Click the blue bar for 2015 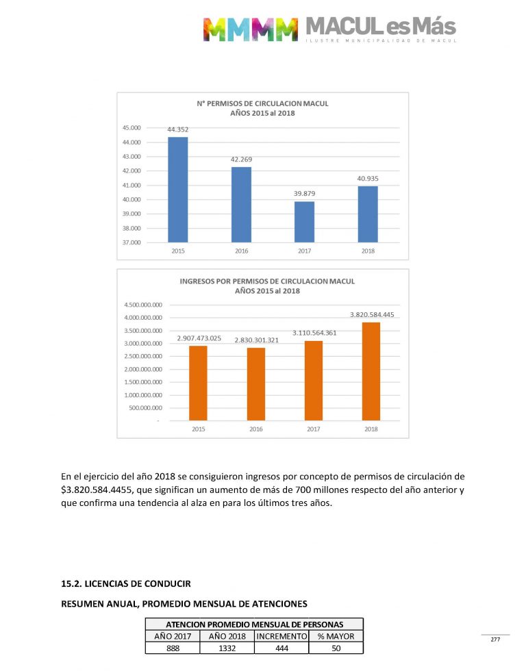coord(178,190)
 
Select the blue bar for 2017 coord(304,221)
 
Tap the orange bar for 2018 coord(371,370)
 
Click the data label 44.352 coord(178,129)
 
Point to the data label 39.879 coord(304,194)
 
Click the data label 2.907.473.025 coord(199,338)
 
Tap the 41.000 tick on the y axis coord(150,186)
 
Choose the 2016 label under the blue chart coord(241,251)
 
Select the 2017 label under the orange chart coord(314,429)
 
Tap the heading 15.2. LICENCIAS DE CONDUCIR coord(126,583)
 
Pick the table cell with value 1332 coord(226,648)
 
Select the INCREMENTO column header coord(281,636)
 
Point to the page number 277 coord(495,640)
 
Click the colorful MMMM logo coord(251,29)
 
